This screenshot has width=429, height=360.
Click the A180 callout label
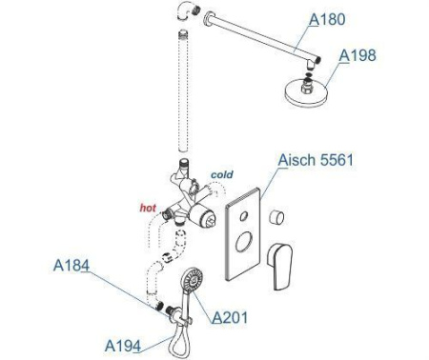(x=327, y=19)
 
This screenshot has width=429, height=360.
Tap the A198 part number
(x=357, y=55)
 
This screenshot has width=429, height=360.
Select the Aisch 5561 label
(x=316, y=160)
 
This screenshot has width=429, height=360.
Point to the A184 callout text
(x=71, y=266)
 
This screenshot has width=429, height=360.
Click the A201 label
(x=230, y=317)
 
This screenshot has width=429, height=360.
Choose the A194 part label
(x=123, y=346)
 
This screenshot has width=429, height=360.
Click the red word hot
(x=148, y=208)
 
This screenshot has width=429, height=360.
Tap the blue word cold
(x=222, y=174)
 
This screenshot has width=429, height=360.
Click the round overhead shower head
(x=306, y=91)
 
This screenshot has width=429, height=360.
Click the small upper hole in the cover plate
(x=244, y=216)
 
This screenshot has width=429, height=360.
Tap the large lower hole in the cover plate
(x=243, y=242)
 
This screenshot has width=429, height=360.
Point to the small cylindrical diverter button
(x=276, y=217)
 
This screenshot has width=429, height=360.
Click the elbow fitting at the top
(x=188, y=10)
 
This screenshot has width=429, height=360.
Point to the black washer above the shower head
(x=308, y=76)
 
